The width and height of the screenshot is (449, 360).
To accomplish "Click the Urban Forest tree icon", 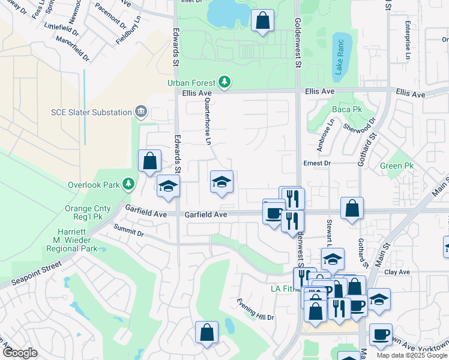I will (x=224, y=82).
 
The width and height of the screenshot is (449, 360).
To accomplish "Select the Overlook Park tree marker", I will (x=127, y=183).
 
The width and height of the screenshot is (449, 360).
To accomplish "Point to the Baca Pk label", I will (x=345, y=110).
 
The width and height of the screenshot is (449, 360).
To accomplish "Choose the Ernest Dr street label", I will (x=317, y=163).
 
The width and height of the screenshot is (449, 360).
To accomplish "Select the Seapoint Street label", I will (x=36, y=271).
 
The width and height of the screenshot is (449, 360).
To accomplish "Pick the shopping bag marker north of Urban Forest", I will (x=262, y=21).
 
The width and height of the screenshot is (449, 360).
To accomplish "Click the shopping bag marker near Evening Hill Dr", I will (x=206, y=333).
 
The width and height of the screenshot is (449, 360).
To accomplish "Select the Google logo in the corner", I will (x=20, y=353).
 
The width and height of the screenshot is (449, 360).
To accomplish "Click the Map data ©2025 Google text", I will (x=411, y=355).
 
